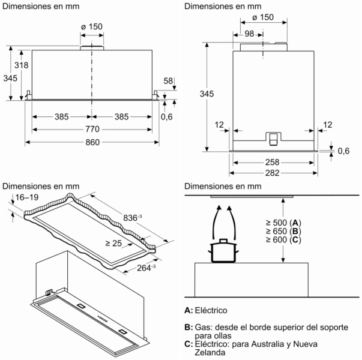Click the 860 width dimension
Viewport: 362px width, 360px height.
click(x=92, y=142)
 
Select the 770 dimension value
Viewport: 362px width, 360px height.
click(x=92, y=129)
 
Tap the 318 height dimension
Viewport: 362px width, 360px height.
click(x=21, y=65)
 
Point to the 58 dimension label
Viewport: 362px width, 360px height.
click(x=168, y=81)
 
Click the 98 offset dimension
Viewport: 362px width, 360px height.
click(x=249, y=34)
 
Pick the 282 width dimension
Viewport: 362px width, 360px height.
click(x=272, y=173)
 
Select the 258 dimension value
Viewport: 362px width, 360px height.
click(x=272, y=162)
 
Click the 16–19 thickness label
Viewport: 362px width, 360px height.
click(x=27, y=197)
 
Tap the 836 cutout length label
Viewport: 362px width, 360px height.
click(x=132, y=218)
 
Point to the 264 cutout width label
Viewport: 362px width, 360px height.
click(x=146, y=268)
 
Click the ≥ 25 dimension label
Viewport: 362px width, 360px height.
click(x=113, y=243)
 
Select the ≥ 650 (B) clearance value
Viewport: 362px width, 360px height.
click(x=283, y=231)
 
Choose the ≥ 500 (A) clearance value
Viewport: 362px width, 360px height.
click(x=283, y=223)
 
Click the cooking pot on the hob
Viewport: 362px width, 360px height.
click(x=223, y=251)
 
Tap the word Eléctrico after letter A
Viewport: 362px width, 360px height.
click(x=211, y=310)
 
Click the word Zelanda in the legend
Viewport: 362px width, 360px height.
click(x=210, y=352)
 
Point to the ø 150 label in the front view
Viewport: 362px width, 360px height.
click(x=92, y=26)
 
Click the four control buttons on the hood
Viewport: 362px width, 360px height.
click(x=103, y=319)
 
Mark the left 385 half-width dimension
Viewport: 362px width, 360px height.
click(x=62, y=117)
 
